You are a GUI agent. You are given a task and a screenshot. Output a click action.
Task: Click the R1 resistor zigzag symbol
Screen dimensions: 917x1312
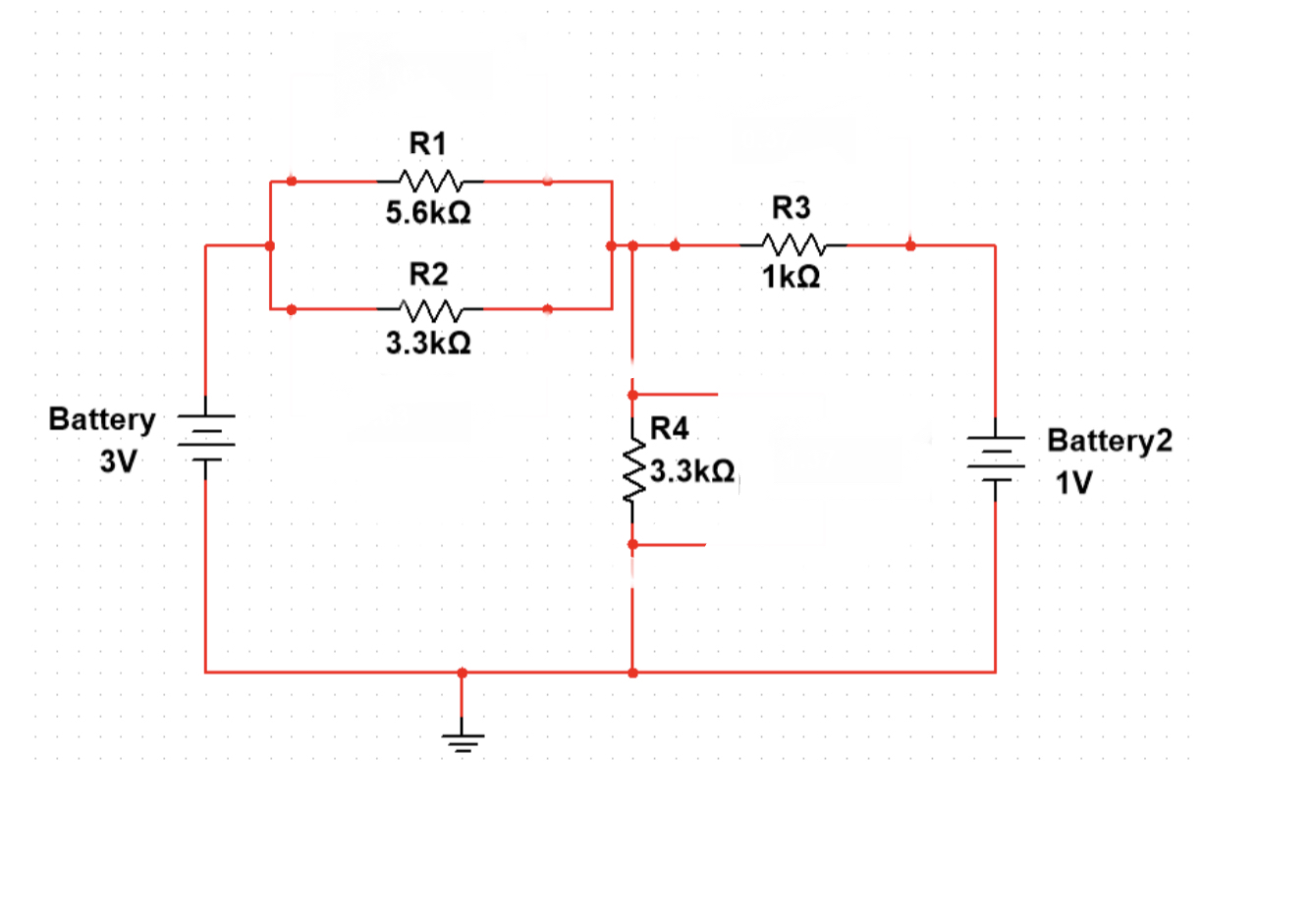point(427,182)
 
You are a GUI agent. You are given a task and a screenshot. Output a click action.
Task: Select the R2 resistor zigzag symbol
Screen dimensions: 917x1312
point(427,309)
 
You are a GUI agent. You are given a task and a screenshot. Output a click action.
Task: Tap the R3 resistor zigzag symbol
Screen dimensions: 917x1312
point(792,245)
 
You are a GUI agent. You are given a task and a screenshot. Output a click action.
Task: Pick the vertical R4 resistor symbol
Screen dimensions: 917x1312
point(633,469)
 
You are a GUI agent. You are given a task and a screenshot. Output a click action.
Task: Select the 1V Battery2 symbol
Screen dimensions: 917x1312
point(995,458)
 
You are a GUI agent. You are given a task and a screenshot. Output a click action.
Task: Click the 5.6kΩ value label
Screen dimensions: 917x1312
point(427,213)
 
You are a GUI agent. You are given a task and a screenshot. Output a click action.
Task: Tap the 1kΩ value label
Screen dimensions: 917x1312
point(792,278)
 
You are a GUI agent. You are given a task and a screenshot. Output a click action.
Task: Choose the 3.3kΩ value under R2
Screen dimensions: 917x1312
point(427,343)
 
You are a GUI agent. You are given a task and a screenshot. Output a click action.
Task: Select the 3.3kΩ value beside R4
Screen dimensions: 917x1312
point(692,471)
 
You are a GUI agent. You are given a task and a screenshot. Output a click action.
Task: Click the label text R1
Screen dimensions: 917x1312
point(427,144)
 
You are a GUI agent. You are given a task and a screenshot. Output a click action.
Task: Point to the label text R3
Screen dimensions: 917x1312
point(792,208)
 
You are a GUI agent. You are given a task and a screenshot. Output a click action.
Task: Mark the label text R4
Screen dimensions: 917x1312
point(670,429)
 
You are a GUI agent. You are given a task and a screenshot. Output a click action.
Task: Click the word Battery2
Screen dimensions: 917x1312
point(1110,440)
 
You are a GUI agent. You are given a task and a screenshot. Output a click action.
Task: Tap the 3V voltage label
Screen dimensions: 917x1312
point(119,461)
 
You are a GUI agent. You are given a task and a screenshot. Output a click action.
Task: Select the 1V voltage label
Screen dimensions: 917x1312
point(1073,483)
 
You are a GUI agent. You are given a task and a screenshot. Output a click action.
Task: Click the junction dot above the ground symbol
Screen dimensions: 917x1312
point(463,673)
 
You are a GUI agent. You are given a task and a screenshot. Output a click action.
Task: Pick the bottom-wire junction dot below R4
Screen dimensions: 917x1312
point(632,673)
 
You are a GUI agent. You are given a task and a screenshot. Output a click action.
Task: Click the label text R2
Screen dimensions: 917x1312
point(427,274)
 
